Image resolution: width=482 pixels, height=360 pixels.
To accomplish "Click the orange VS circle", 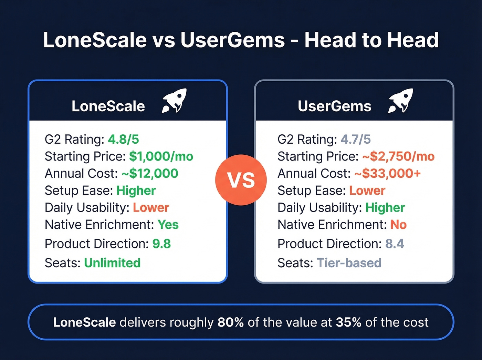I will click(x=241, y=180).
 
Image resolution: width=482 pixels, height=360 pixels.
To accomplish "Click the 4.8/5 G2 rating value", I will click(x=123, y=139).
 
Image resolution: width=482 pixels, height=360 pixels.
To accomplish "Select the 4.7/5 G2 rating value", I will click(x=356, y=139).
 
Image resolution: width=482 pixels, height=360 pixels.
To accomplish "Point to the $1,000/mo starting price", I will click(x=161, y=156).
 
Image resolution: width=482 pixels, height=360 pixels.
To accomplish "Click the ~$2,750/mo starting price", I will click(x=398, y=156).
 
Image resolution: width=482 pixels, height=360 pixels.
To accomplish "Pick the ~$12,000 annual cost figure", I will click(x=150, y=173).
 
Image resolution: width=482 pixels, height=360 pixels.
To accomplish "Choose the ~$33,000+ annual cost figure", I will click(x=388, y=173).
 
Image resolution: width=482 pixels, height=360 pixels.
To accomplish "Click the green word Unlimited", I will click(x=112, y=263).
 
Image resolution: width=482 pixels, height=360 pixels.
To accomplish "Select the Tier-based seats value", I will click(x=349, y=263).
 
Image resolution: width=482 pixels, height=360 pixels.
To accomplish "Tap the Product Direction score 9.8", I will click(x=161, y=244).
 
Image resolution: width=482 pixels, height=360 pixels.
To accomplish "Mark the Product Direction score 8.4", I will click(x=395, y=244).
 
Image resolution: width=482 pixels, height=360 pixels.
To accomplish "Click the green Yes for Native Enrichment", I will click(x=168, y=225).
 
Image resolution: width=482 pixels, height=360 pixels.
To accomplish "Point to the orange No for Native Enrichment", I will click(x=398, y=225).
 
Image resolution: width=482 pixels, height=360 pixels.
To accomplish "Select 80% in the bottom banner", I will click(x=231, y=322).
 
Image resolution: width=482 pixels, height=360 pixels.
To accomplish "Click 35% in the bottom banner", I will click(x=348, y=322).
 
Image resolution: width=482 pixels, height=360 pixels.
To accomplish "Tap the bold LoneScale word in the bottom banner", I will click(x=84, y=322).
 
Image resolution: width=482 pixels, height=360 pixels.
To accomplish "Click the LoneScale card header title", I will click(x=108, y=106).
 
